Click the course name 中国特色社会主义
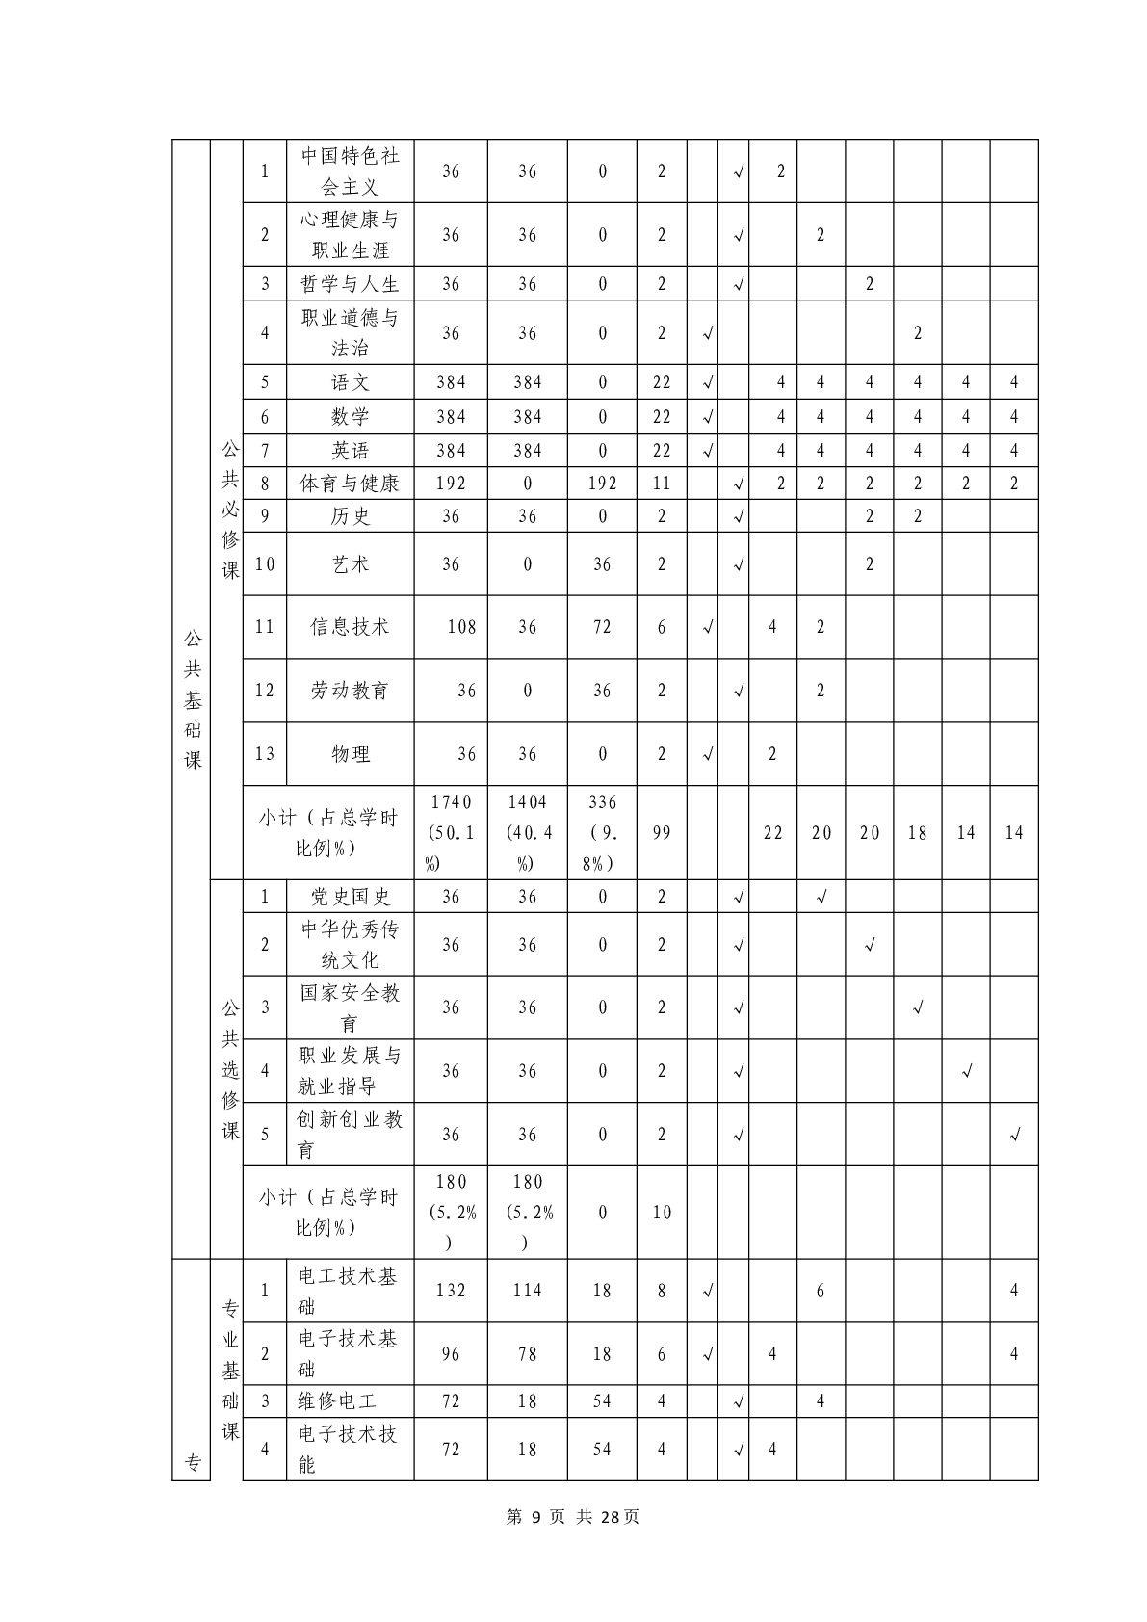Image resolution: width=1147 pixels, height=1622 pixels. point(350,171)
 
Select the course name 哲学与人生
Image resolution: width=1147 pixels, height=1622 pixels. point(350,284)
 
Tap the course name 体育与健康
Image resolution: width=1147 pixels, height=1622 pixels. point(350,484)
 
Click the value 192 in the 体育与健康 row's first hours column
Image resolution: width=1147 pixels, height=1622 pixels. point(451,484)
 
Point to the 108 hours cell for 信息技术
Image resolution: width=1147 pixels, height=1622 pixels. point(461,627)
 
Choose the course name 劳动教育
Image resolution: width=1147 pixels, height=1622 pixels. point(350,691)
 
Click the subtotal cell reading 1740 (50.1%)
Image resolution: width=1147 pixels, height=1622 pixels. point(451,832)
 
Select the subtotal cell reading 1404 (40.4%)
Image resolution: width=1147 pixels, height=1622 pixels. point(527,832)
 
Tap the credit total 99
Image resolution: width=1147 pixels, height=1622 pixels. point(661,833)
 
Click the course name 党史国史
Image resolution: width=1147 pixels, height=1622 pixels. point(350,897)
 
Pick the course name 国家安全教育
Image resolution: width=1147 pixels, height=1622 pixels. point(350,1007)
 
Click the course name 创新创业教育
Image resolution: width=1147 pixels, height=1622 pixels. point(350,1135)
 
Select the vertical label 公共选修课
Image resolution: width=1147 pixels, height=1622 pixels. point(229,1069)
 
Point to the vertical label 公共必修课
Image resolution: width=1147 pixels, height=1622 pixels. point(229,510)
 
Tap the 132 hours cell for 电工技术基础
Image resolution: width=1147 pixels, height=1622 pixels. point(451,1291)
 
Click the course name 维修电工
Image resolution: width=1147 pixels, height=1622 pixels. point(337,1401)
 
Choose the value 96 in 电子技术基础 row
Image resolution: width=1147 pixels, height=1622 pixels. point(451,1354)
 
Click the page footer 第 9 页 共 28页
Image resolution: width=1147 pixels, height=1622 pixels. point(573,1517)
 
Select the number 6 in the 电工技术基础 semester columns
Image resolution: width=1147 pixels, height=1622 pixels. point(820,1291)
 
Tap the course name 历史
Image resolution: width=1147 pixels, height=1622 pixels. point(350,516)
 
